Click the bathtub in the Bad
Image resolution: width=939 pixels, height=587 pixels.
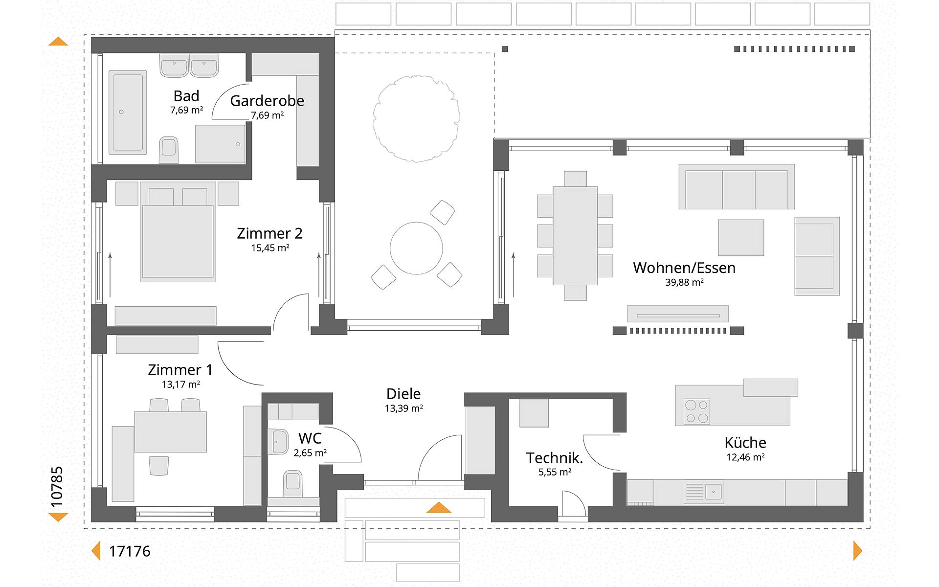tap(128, 112)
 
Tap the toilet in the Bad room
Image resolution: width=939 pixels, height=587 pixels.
tap(169, 150)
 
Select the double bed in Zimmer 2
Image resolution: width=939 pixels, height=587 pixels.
tap(178, 232)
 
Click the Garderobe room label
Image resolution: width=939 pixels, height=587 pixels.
tap(267, 101)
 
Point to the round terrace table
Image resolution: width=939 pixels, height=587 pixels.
tap(416, 248)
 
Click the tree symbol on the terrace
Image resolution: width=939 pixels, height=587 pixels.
tap(416, 118)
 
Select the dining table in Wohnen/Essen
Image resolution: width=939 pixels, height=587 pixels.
tap(575, 235)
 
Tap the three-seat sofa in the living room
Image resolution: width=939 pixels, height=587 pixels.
tap(737, 187)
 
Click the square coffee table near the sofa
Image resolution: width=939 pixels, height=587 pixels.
tap(741, 238)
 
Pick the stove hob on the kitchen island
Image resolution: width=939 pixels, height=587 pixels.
tap(696, 411)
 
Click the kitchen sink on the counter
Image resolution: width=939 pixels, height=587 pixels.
tap(704, 492)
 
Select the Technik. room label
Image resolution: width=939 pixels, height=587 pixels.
tap(555, 458)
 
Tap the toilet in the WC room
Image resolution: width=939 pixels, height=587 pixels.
tap(293, 483)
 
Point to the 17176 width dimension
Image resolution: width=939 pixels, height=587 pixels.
tap(130, 551)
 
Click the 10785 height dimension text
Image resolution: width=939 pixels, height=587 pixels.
tap(57, 487)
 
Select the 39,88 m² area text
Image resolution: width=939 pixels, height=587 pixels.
tap(684, 282)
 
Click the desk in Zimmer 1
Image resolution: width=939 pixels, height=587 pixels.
tap(170, 431)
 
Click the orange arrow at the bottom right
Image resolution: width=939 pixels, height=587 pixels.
tap(857, 551)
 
